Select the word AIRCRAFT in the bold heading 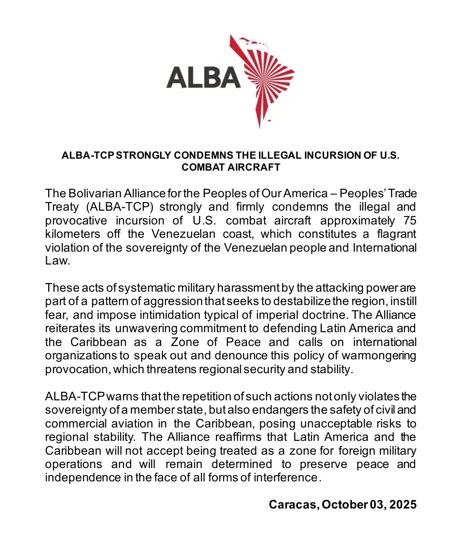click(255, 167)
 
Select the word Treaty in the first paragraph click(61, 207)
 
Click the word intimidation click(157, 316)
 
